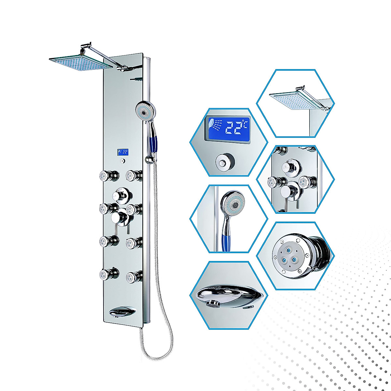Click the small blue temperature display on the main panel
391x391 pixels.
[x=123, y=152]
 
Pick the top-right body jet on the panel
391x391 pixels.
[x=131, y=176]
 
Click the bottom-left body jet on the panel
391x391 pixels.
[x=104, y=273]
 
